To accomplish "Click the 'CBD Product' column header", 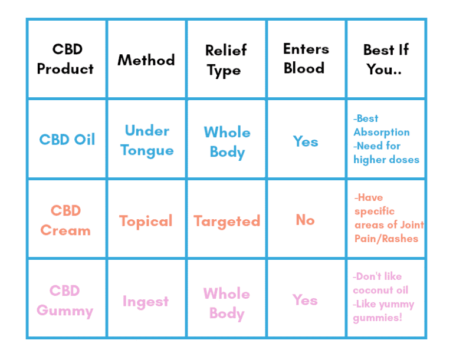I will (x=65, y=59).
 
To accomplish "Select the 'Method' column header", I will (x=146, y=60).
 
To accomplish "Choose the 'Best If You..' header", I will (x=386, y=59).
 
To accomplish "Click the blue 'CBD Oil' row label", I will (x=67, y=140).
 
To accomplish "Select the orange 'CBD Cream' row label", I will (x=65, y=220).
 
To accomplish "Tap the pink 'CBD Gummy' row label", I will (x=65, y=300).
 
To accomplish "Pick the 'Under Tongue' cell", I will (x=147, y=140).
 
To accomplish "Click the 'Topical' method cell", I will (x=146, y=221).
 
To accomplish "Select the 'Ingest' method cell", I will (x=146, y=302).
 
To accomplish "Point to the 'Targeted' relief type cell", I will (x=227, y=222).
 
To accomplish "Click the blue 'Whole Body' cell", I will (x=227, y=141).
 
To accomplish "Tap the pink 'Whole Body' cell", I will (x=226, y=303).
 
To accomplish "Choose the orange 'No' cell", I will (x=305, y=220).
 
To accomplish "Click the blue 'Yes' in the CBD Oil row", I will (x=306, y=141).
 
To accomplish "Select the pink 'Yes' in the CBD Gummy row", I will (x=305, y=300).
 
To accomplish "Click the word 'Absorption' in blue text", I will (x=381, y=133).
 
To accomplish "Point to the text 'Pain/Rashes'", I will (x=386, y=239).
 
